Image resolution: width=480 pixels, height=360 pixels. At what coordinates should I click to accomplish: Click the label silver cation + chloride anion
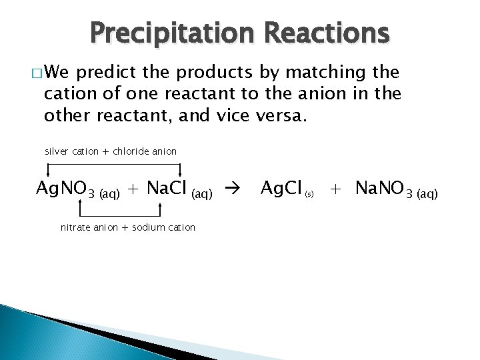pos(111,151)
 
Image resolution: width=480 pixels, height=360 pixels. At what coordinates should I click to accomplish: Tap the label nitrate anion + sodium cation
pos(128,227)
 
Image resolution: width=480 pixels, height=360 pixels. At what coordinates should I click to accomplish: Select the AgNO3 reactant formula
pos(65,189)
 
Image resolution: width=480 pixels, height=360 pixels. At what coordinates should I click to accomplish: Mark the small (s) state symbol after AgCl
pos(309,195)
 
